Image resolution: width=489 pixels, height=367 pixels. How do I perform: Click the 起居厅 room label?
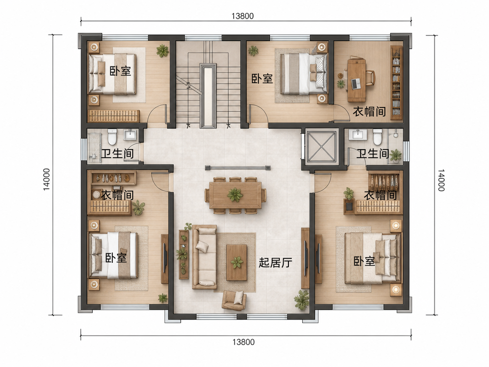tap(276, 262)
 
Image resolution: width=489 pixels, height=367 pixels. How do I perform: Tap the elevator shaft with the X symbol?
tap(321, 146)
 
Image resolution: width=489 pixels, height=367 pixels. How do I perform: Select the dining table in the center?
tap(235, 195)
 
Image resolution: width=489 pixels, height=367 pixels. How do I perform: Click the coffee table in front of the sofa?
tap(237, 262)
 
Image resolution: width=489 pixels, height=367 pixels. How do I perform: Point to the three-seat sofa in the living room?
tap(204, 257)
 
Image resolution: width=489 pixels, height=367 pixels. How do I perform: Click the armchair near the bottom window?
tap(234, 300)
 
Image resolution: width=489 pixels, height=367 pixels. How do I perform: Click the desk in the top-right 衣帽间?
tap(357, 80)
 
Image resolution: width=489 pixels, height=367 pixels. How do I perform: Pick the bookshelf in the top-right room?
tap(396, 82)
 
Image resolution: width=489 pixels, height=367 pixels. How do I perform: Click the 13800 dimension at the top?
tap(243, 16)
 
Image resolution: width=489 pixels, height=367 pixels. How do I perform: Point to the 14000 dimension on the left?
tap(46, 180)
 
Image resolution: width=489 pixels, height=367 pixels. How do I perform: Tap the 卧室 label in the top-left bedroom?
tap(120, 71)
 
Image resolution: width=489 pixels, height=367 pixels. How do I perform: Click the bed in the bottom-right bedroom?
tap(372, 258)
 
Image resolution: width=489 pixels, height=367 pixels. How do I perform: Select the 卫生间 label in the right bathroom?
tap(373, 153)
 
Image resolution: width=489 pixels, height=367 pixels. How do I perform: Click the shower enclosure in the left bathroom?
tap(94, 148)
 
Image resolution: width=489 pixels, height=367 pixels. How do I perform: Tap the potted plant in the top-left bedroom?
tap(162, 51)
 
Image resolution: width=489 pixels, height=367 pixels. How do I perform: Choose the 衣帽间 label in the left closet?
tap(117, 195)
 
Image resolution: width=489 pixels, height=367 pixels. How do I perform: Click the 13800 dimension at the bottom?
tap(244, 342)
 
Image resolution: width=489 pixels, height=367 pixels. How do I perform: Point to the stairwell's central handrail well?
tap(208, 96)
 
